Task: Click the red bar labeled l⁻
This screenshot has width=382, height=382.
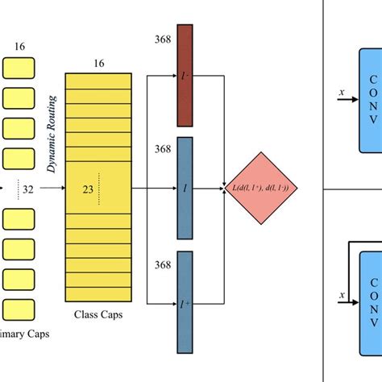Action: coord(185,76)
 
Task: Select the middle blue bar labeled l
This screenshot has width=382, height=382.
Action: coord(185,186)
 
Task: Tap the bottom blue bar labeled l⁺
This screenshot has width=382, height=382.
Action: coord(185,301)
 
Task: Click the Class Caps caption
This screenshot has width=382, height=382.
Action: coord(98,315)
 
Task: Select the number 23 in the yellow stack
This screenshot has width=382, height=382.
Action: coord(89,189)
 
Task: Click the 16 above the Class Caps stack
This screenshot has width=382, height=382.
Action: coord(98,63)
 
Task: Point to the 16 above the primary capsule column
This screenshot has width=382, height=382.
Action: coord(20,47)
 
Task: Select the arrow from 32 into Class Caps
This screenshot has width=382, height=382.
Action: coord(50,189)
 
